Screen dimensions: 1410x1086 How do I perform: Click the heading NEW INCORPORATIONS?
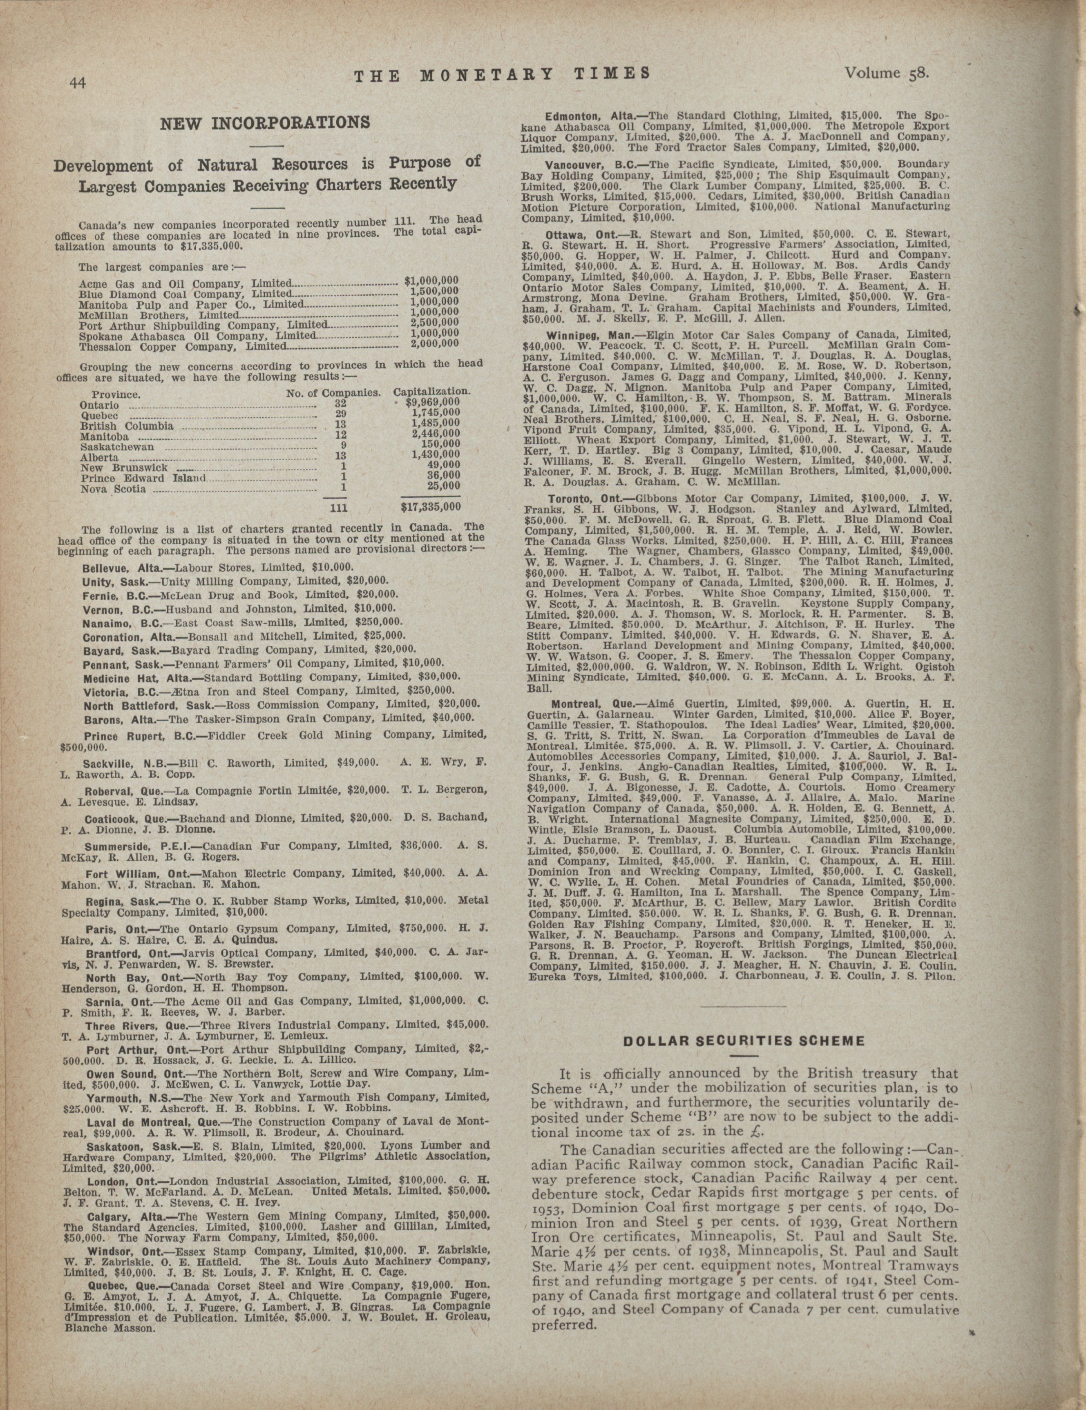coord(265,122)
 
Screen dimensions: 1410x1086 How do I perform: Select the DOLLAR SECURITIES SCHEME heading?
coord(742,1041)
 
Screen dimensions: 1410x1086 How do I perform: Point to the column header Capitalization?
coord(431,392)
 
